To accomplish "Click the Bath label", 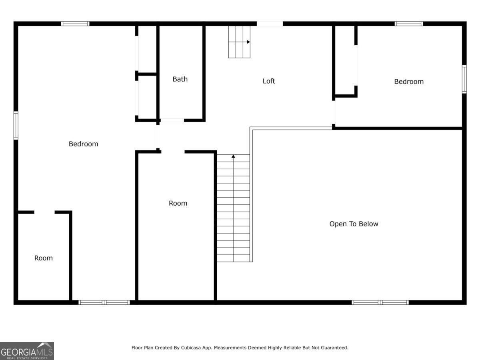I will [180, 79].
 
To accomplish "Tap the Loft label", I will [269, 81].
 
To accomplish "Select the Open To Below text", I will [354, 224].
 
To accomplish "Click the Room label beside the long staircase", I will [178, 203].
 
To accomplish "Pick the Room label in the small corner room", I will [43, 258].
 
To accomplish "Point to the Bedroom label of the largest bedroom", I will [83, 144].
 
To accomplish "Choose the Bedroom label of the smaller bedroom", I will [408, 82].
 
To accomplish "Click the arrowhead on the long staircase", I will [233, 156].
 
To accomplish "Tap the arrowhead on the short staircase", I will [248, 42].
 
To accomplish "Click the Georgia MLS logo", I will [27, 351].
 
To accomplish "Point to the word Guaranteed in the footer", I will [334, 348].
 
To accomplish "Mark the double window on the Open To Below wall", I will [380, 302].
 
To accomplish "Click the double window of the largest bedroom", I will [104, 302].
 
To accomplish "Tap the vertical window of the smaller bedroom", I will [464, 79].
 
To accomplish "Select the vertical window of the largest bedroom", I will [16, 125].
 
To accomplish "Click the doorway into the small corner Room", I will [44, 212].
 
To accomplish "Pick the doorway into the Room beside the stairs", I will [172, 152].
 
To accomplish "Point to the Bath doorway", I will [172, 120].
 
